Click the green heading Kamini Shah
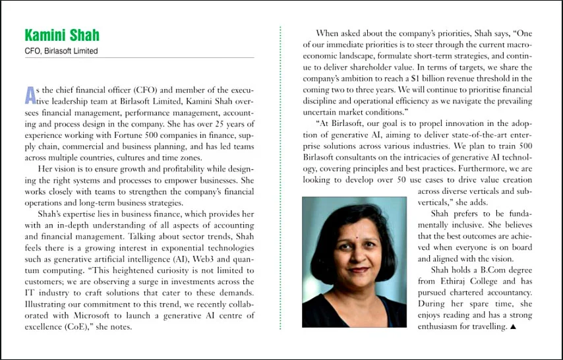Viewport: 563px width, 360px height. point(62,35)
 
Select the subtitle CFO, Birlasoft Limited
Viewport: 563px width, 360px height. point(61,51)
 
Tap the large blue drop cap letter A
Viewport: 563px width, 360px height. point(30,95)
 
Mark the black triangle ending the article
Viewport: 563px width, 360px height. point(513,326)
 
